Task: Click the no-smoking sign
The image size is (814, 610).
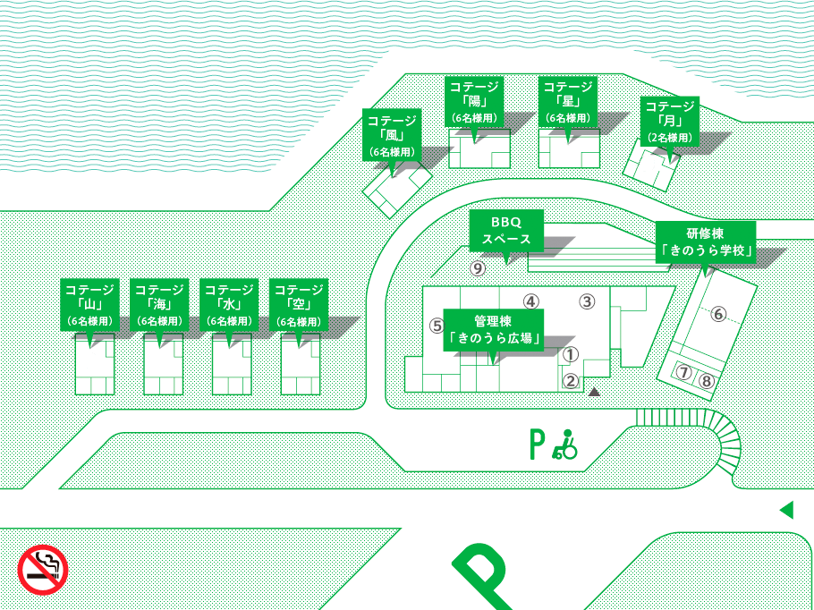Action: coord(43,570)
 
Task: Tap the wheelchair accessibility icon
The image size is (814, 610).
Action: coord(564,445)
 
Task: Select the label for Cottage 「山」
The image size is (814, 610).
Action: coord(89,305)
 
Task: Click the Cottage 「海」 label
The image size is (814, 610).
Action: coord(159,305)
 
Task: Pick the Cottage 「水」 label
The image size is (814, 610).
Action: coord(229,305)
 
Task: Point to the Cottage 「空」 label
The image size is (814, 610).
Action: coord(299,305)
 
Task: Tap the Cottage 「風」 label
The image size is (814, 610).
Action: coord(392,135)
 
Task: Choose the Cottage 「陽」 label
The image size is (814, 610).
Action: coord(474,101)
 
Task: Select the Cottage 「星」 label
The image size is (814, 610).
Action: coord(567,101)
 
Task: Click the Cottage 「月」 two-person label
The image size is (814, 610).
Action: coord(670,121)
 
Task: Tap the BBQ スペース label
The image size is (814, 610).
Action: coord(506,231)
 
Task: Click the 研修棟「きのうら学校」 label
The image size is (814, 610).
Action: coord(706,242)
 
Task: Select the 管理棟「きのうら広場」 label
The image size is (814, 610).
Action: coord(493,330)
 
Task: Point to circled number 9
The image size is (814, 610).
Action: coord(478,268)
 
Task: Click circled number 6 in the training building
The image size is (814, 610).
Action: coord(718,314)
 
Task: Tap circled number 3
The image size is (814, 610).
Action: coord(587,301)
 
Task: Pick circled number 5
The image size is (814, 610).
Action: coord(437,326)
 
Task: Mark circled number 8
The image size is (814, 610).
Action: coord(706,381)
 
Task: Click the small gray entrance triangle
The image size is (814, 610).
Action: coord(595,392)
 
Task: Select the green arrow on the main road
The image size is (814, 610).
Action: coord(787,510)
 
